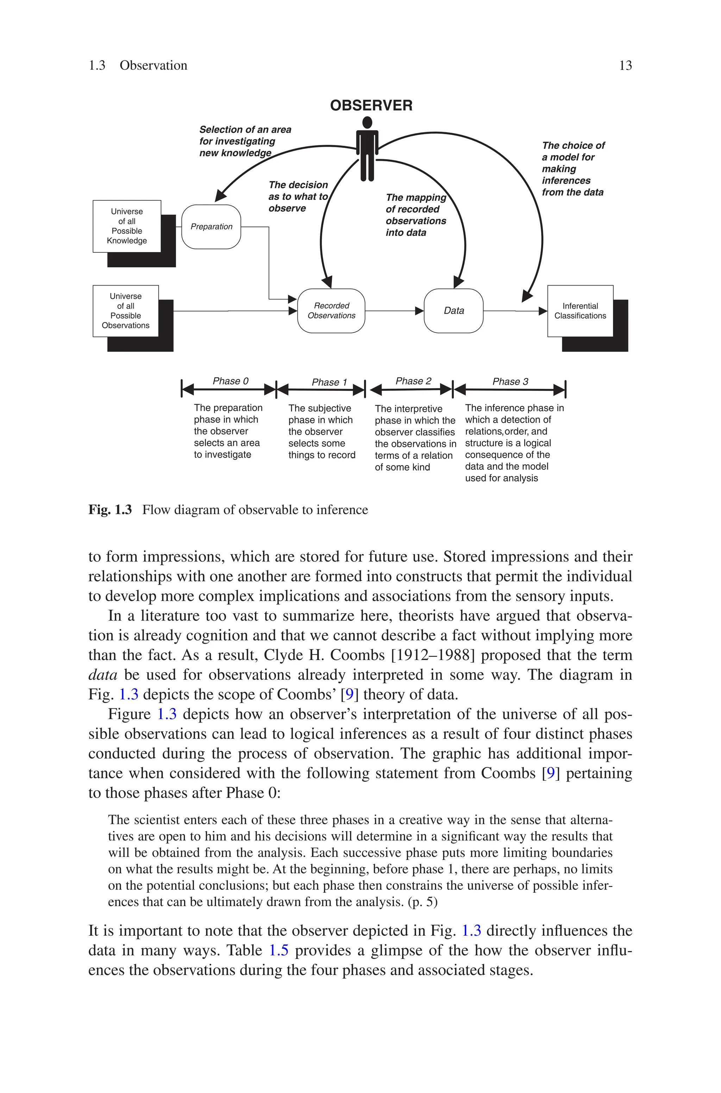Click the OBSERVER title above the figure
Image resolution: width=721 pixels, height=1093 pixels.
(371, 105)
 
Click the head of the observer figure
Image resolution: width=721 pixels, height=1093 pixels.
(367, 123)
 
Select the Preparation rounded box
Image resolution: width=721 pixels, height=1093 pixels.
(212, 227)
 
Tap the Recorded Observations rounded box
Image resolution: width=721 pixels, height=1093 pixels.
(332, 311)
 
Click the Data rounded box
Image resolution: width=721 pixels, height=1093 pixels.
(453, 311)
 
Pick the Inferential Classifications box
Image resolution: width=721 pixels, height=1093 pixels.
(580, 311)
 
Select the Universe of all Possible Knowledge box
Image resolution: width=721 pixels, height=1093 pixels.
(127, 226)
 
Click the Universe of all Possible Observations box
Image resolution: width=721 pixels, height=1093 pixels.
(126, 311)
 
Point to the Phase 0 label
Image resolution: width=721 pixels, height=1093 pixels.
(230, 381)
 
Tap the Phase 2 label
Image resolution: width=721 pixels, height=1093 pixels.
(413, 381)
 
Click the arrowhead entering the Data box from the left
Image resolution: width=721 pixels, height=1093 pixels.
(419, 311)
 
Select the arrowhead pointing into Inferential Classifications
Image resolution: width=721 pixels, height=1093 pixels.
(543, 311)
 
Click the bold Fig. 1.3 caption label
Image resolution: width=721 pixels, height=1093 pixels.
(110, 510)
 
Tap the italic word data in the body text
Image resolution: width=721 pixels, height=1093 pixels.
(102, 675)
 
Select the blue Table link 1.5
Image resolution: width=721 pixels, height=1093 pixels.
(279, 950)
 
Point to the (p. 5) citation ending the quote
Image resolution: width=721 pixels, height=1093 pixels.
(422, 902)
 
